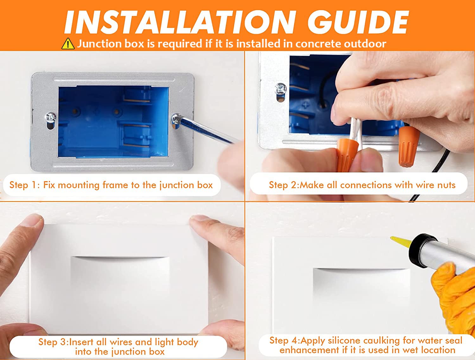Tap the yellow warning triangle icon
[68, 44]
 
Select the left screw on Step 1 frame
[50, 117]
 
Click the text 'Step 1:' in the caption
[25, 185]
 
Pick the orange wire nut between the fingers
[346, 154]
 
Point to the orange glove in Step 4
[455, 298]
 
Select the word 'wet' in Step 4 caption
[409, 350]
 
